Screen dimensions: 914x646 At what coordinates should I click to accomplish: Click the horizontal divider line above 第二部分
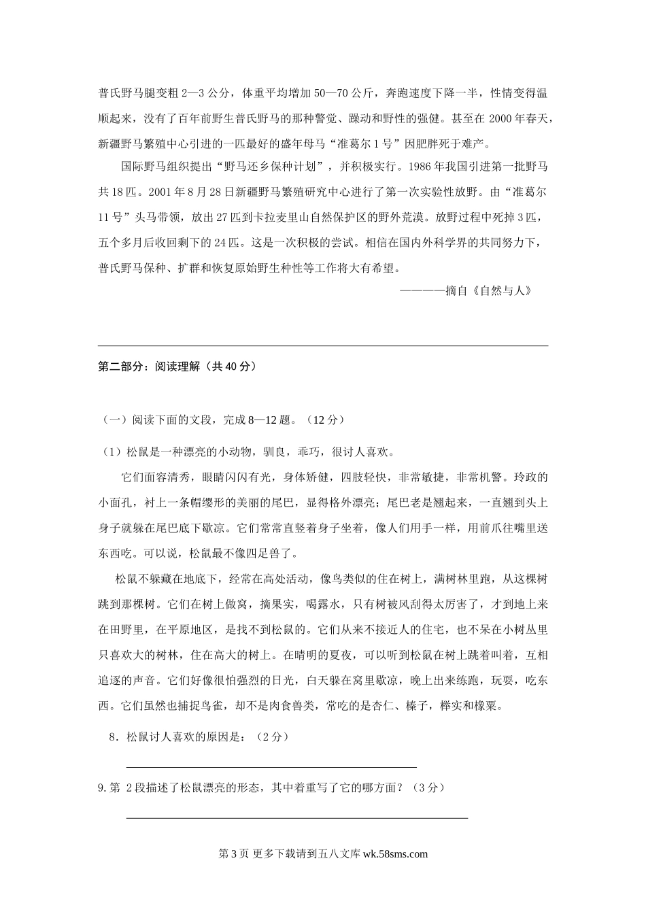[323, 346]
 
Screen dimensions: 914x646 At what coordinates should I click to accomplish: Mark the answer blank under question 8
[272, 766]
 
